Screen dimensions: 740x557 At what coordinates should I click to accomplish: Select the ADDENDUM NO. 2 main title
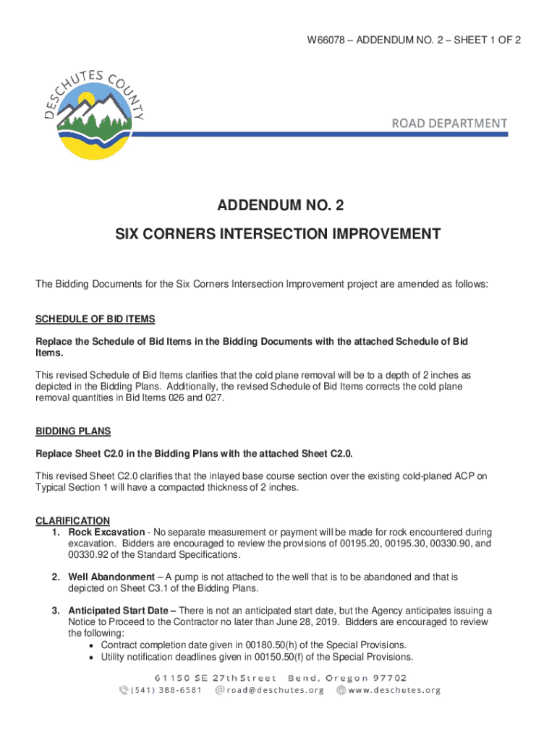click(x=281, y=207)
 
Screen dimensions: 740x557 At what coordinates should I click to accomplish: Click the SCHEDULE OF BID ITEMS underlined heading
click(x=95, y=319)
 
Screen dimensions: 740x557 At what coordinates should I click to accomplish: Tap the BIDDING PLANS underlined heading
click(x=73, y=431)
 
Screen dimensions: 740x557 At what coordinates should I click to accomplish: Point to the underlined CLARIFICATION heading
click(x=72, y=520)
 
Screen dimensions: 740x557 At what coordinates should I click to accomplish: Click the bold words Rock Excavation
click(x=106, y=532)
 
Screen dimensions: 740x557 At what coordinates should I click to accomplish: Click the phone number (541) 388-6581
click(x=167, y=690)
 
